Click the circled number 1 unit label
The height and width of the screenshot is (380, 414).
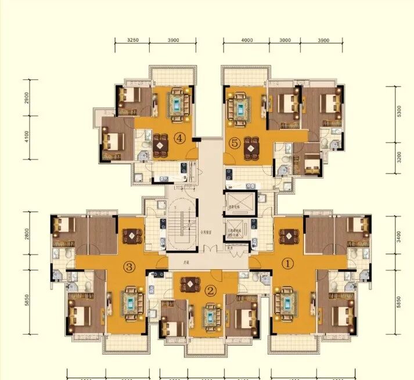point(286,262)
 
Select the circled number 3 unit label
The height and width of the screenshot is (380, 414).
point(129,267)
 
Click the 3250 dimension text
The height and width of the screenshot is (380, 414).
point(134,41)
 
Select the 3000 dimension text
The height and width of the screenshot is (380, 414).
point(285,41)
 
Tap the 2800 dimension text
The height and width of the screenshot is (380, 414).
point(26,234)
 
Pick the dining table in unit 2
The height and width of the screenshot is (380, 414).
point(190,284)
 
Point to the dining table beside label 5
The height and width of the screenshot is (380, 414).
point(251,147)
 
